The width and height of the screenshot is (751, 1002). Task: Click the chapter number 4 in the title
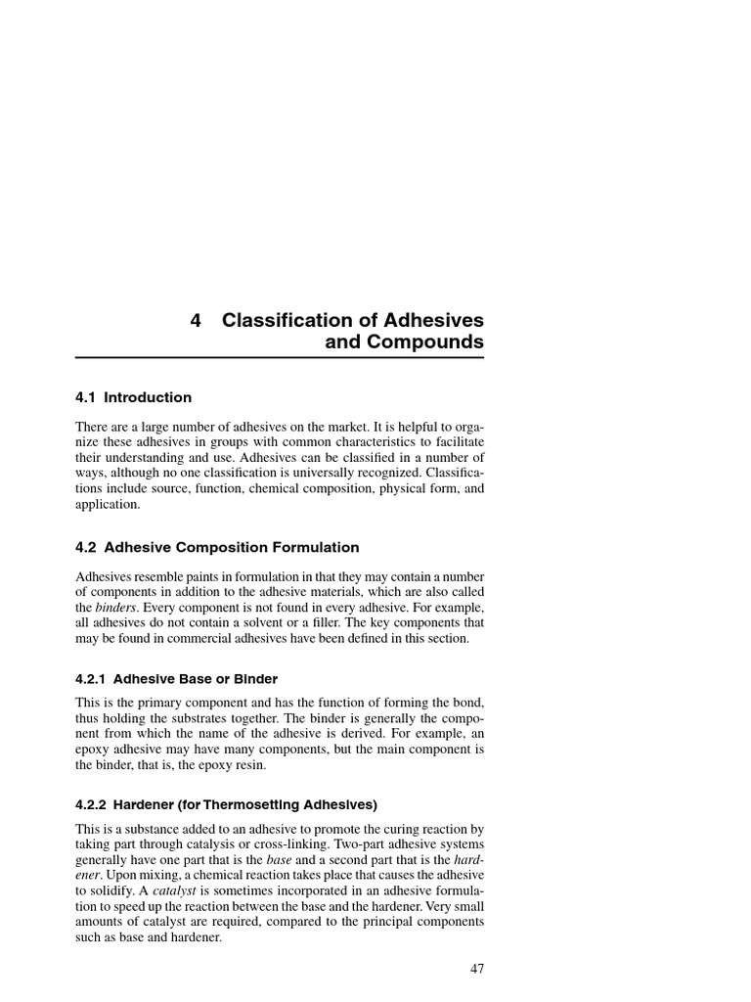click(x=196, y=320)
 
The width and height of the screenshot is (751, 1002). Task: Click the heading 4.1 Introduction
click(x=133, y=398)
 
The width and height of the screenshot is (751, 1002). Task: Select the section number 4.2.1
click(x=97, y=679)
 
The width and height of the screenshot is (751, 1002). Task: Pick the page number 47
click(x=476, y=970)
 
